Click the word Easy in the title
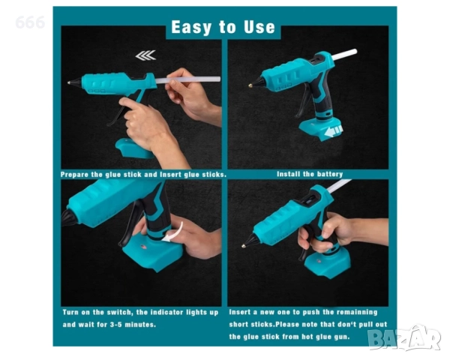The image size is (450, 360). [190, 28]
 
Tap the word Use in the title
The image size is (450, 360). [259, 27]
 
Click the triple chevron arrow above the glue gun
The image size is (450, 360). [145, 55]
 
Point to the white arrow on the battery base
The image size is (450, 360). [333, 131]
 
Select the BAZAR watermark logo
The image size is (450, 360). [405, 338]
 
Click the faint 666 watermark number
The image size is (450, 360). [30, 22]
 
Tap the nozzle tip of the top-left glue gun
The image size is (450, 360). [69, 83]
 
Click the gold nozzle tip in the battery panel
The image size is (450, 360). [250, 85]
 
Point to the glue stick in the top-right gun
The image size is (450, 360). [345, 54]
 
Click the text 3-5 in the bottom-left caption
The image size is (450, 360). [116, 325]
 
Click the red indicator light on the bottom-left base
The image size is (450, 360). [143, 247]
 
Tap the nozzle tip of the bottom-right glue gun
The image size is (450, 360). [244, 246]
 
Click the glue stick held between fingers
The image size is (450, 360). [188, 79]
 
